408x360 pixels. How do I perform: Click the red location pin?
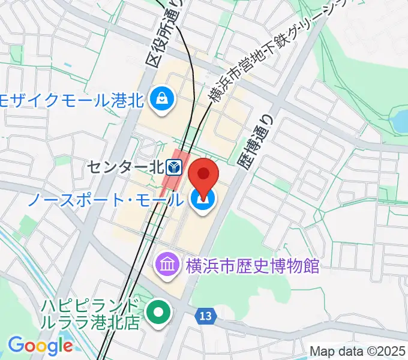click(x=203, y=175)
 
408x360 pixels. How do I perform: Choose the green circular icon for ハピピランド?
click(x=158, y=313)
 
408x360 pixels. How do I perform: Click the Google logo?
click(x=40, y=346)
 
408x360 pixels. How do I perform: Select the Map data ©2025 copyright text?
click(x=358, y=351)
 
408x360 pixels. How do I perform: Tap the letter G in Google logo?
click(x=15, y=345)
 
